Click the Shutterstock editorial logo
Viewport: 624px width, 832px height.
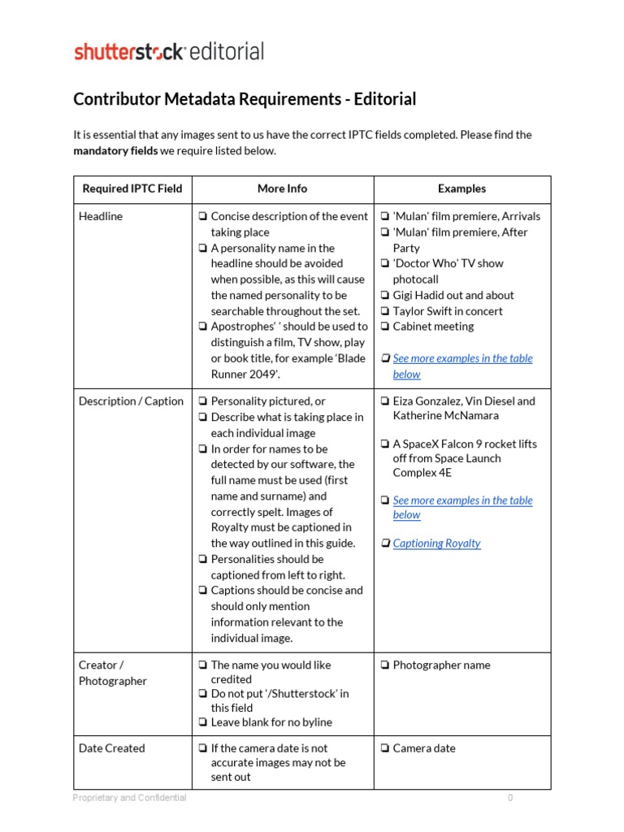pyautogui.click(x=169, y=52)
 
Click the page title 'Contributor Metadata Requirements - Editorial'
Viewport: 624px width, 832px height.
pyautogui.click(x=245, y=99)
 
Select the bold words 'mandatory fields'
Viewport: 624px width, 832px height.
pyautogui.click(x=115, y=150)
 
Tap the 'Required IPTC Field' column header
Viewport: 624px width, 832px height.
pyautogui.click(x=132, y=188)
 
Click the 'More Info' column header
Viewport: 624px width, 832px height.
pyautogui.click(x=282, y=188)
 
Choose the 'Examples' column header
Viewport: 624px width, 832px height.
pyautogui.click(x=461, y=188)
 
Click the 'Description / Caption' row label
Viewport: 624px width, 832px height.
pyautogui.click(x=131, y=401)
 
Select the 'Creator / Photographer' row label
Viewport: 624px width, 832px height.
pyautogui.click(x=113, y=673)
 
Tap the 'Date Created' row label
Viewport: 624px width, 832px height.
pyautogui.click(x=111, y=747)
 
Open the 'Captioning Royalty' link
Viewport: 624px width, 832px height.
pyautogui.click(x=436, y=543)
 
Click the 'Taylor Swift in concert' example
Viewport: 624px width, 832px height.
pyautogui.click(x=447, y=310)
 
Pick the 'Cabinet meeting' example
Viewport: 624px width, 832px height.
pyautogui.click(x=433, y=326)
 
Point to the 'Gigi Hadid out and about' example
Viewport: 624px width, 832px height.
pyautogui.click(x=453, y=295)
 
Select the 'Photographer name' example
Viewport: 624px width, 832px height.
pyautogui.click(x=441, y=665)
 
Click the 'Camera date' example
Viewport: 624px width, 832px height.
pyautogui.click(x=423, y=747)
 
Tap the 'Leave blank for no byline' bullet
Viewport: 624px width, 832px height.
pyautogui.click(x=271, y=721)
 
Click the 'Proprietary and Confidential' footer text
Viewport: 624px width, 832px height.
pyautogui.click(x=129, y=798)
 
